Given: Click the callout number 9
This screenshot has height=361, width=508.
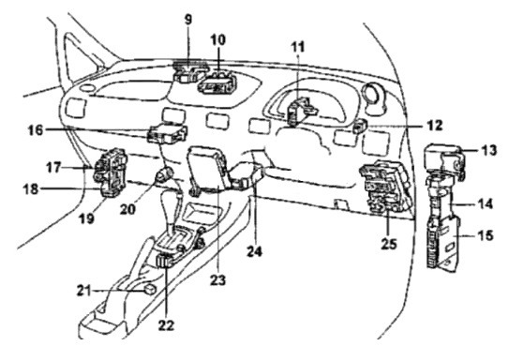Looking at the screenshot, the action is coord(188,20).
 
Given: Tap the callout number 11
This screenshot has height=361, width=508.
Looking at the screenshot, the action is coord(298,47).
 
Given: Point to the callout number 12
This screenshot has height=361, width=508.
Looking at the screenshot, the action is coord(434,125).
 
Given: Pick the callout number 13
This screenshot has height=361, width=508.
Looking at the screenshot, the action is coord(487,150).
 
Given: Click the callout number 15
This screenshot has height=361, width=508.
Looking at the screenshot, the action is coord(485,235).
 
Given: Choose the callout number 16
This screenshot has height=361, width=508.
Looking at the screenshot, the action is coord(36,130).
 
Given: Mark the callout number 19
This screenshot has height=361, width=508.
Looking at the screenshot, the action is coord(86,218).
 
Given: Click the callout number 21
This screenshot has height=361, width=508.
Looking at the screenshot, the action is coord(85,291).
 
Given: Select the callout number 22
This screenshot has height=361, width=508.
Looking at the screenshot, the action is coord(166,324).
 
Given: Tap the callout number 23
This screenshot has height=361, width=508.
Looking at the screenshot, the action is coord(217,280).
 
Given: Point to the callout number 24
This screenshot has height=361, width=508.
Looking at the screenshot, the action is coord(254,251).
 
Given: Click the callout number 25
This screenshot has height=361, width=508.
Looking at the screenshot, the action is coord(389,244).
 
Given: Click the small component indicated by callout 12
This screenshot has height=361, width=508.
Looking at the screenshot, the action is coord(359,126).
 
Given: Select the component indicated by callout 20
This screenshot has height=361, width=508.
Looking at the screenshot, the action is coord(164,175).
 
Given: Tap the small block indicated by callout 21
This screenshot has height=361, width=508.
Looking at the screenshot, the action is coord(150,289).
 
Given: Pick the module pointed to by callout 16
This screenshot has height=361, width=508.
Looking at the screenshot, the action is coord(167,133).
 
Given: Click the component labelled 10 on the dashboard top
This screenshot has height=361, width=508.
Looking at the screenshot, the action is coord(217,84).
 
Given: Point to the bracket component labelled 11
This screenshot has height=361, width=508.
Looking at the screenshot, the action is coord(301,111).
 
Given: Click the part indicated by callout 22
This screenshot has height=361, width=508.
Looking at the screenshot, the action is coord(165,261).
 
